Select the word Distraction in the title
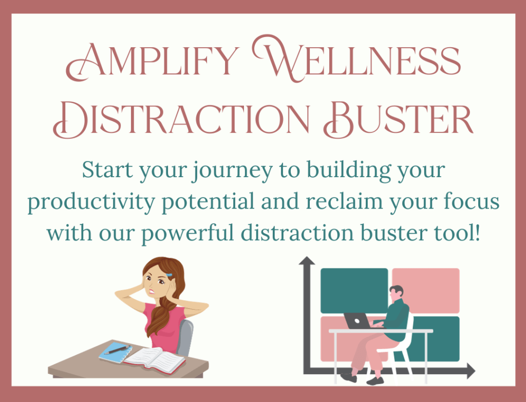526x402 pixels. tap(181, 119)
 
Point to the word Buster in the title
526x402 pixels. tap(398, 119)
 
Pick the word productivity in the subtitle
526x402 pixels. tap(91, 203)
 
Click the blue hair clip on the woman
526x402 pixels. tap(169, 275)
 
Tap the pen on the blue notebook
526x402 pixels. tap(117, 350)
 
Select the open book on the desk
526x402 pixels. tap(155, 360)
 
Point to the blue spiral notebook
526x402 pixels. tap(115, 352)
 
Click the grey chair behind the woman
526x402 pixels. tap(185, 337)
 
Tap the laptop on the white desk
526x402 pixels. tap(358, 320)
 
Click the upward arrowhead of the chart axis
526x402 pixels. tap(307, 260)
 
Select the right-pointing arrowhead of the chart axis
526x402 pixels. tap(471, 371)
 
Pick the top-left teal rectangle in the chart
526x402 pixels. tap(354, 291)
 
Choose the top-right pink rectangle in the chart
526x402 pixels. tap(426, 291)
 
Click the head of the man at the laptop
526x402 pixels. tap(396, 293)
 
